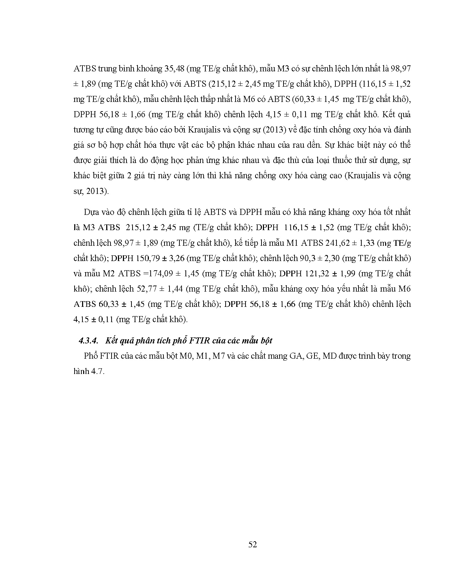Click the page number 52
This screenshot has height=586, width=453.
(252, 544)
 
